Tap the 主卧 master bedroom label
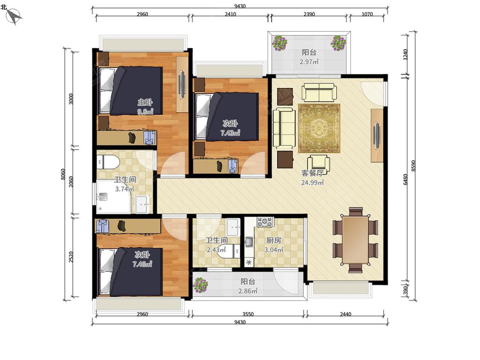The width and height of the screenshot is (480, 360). pyautogui.click(x=145, y=102)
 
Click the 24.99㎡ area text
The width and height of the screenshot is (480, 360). pyautogui.click(x=312, y=183)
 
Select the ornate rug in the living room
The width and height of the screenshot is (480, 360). pyautogui.click(x=319, y=128)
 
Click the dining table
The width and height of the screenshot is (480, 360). pyautogui.click(x=355, y=240)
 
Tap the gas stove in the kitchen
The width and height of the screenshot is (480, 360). pyautogui.click(x=265, y=222)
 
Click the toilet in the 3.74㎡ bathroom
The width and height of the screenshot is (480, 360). pyautogui.click(x=108, y=162)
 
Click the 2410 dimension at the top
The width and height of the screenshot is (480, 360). pyautogui.click(x=230, y=14)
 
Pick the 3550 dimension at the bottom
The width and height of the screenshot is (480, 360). pyautogui.click(x=247, y=314)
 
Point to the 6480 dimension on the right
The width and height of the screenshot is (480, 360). pyautogui.click(x=405, y=179)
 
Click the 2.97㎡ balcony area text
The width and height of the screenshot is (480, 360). pyautogui.click(x=309, y=61)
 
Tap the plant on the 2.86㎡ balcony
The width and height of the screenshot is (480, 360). pyautogui.click(x=201, y=285)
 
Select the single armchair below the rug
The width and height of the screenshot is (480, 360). pyautogui.click(x=319, y=164)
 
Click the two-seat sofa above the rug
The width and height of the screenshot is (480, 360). pyautogui.click(x=319, y=92)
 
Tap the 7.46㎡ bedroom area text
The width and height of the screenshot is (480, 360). pyautogui.click(x=143, y=264)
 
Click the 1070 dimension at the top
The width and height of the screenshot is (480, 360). pyautogui.click(x=367, y=14)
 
